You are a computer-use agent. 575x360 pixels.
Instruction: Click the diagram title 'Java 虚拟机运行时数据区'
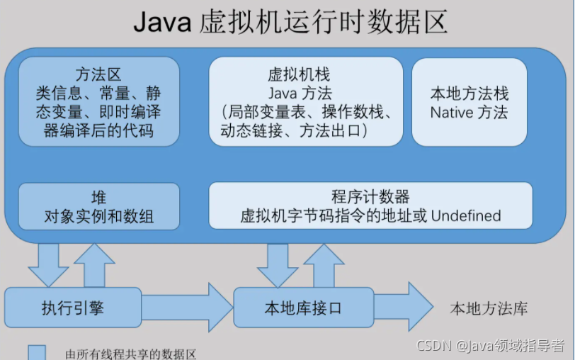coord(290,23)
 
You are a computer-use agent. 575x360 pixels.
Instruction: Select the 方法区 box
coord(98,102)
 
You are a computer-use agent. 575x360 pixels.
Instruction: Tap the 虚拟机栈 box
coord(306,102)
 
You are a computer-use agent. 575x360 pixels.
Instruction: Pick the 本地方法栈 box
coord(469,102)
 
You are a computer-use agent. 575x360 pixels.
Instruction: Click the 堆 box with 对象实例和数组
coord(98,206)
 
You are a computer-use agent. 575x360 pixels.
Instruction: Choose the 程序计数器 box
coord(370,206)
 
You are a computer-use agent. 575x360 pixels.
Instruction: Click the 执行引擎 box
coord(73,308)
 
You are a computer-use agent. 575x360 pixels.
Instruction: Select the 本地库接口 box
coord(303,308)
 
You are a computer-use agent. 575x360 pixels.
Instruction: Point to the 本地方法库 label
coord(489,309)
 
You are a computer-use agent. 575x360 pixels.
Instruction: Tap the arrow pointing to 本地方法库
coord(403,308)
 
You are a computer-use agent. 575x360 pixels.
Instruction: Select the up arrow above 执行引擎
coord(94,262)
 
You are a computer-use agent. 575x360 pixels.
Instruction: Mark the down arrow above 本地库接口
coord(278,264)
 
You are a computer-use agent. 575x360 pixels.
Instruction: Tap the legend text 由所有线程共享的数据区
coord(130,354)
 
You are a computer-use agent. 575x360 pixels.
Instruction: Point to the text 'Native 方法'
coord(469,112)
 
